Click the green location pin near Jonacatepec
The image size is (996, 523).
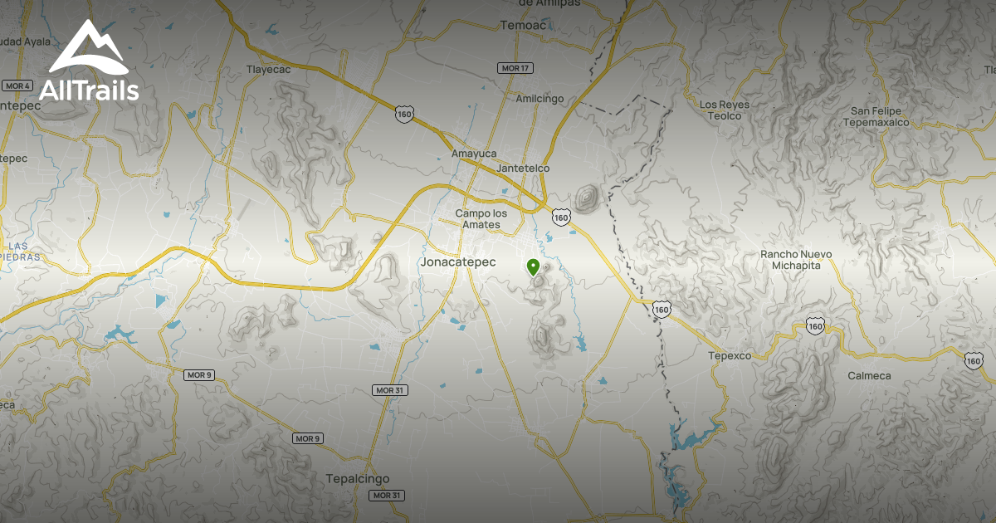533,266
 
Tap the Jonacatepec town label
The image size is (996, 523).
458,262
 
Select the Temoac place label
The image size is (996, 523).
522,26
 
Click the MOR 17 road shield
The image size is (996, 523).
515,68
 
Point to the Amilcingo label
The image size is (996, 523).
539,99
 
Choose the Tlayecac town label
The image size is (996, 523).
269,70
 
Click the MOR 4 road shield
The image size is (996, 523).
17,86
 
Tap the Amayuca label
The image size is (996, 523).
473,154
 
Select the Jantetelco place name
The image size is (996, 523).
523,169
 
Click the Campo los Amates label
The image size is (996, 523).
481,219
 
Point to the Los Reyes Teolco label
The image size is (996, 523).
725,110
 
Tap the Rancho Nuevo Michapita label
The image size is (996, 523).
796,259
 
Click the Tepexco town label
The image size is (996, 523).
730,355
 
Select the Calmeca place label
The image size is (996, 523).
869,376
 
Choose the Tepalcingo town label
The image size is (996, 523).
358,479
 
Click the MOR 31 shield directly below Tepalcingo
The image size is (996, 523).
387,496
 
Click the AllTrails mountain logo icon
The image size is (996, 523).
88,50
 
